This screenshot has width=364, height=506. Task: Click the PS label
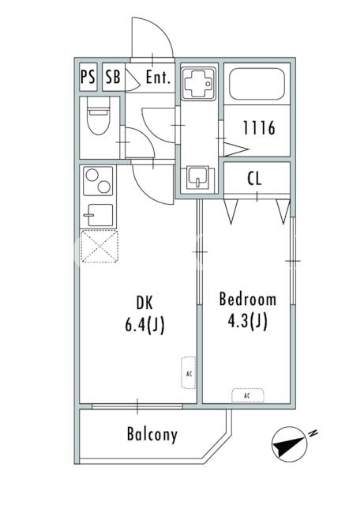click(88, 77)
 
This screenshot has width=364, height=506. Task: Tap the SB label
click(113, 77)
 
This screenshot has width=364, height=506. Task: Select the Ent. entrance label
click(158, 77)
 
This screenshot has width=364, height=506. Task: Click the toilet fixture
click(99, 115)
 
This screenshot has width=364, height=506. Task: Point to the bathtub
click(257, 84)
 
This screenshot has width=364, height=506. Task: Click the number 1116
click(259, 128)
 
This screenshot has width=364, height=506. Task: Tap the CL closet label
click(255, 179)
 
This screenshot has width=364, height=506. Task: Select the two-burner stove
click(98, 181)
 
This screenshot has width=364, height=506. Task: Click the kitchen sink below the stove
click(98, 215)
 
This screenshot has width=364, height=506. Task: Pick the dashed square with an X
click(99, 246)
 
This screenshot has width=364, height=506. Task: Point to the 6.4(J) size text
click(144, 324)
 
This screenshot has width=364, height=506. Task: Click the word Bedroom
click(248, 299)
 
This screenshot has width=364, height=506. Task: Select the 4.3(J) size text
click(248, 321)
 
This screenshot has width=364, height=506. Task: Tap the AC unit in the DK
click(189, 372)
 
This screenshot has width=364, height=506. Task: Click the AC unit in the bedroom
click(248, 395)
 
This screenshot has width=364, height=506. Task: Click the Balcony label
click(152, 434)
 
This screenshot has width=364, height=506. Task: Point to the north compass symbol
click(290, 444)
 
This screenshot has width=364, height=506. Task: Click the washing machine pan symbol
click(198, 83)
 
